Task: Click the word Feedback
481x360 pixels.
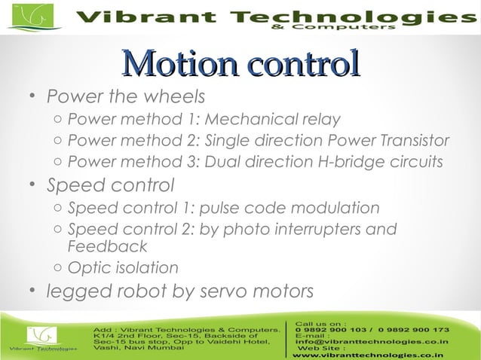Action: click(107, 247)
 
